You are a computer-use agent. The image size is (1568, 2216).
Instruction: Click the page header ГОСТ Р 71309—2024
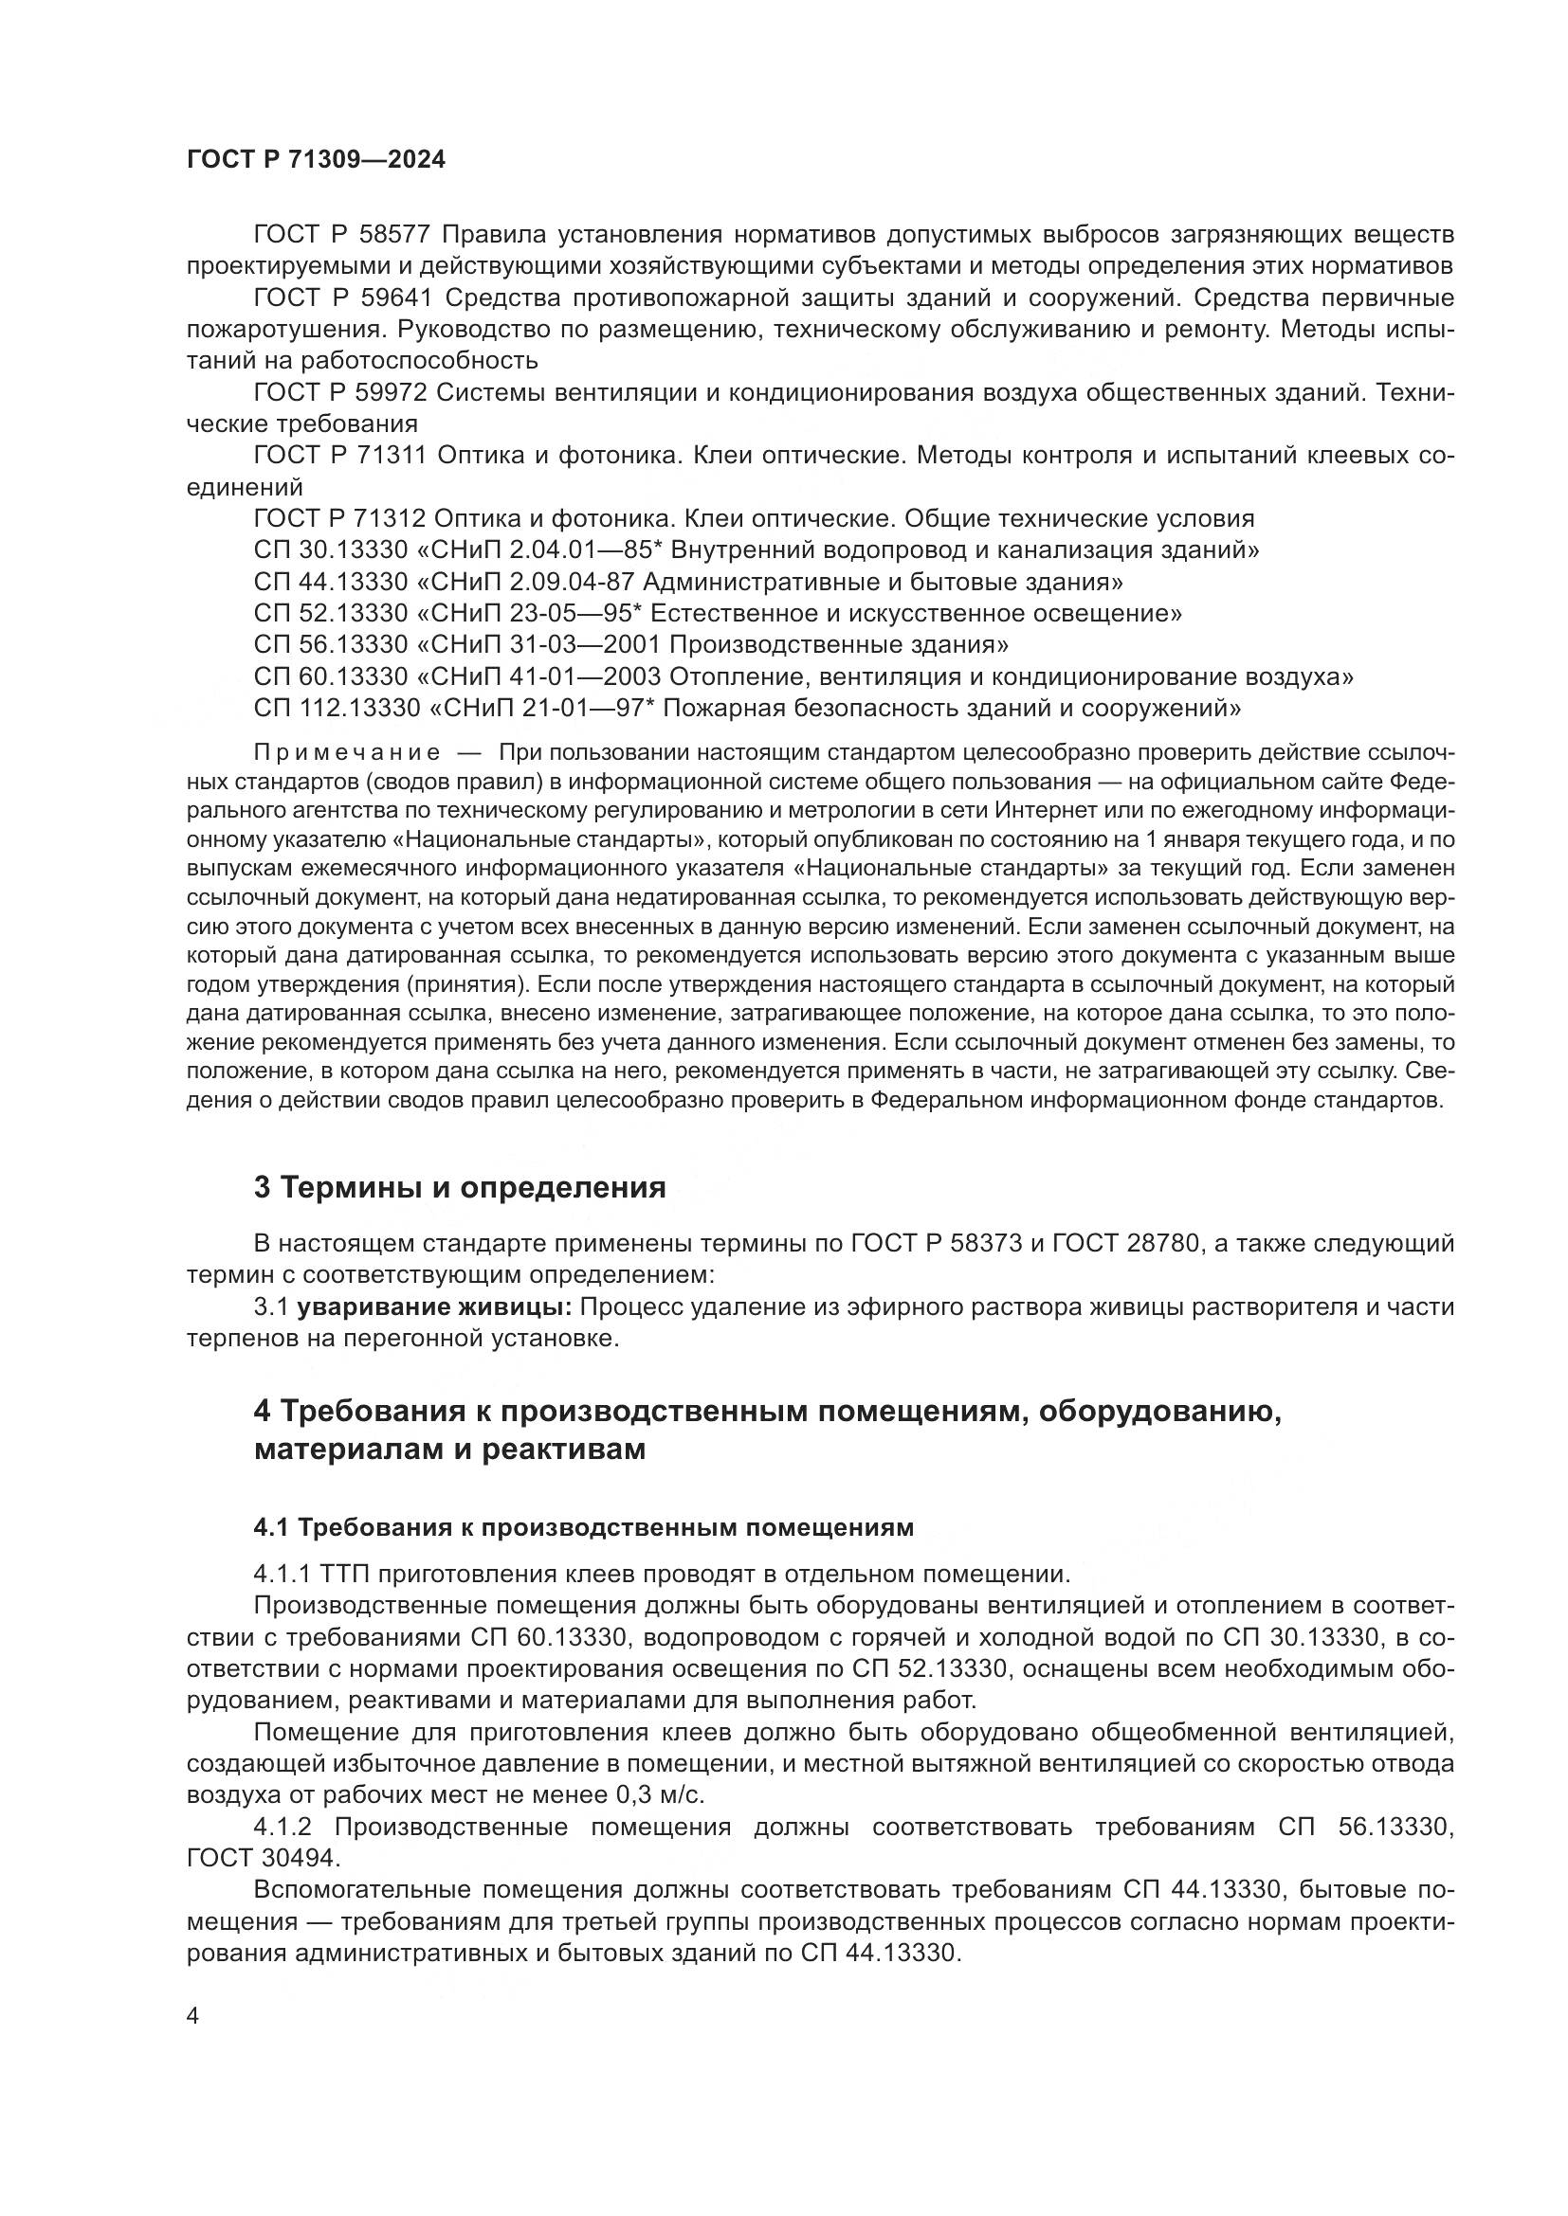[316, 160]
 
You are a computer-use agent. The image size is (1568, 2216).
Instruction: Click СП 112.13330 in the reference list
[337, 708]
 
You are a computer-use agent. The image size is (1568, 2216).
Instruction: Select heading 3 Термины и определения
[460, 1187]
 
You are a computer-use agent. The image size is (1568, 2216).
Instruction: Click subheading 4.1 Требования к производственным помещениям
[583, 1527]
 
